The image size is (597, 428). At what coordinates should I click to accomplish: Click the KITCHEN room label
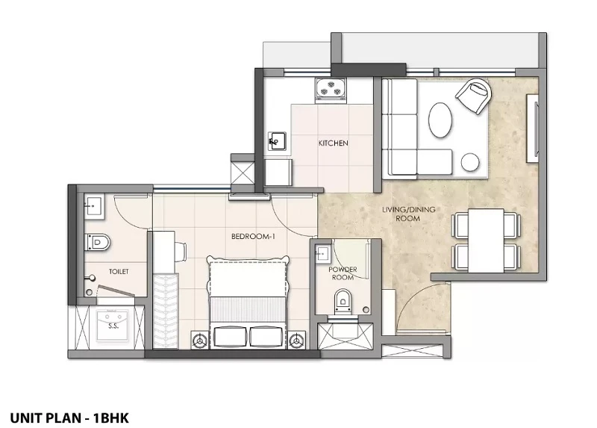point(333,143)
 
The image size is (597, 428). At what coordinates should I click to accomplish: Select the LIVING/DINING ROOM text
point(408,214)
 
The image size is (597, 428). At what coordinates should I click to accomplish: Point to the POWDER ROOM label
point(343,273)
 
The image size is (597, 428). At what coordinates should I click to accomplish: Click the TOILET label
point(119,272)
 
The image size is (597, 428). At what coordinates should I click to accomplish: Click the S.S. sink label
point(113,326)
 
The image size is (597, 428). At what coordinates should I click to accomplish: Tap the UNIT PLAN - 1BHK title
point(69,418)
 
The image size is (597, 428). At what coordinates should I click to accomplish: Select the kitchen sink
point(277,141)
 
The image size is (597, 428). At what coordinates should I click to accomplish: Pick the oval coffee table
point(440,120)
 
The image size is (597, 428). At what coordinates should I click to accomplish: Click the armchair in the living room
point(474,96)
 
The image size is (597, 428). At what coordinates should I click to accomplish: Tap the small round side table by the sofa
point(470,162)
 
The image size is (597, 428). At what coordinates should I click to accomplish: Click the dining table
point(486,241)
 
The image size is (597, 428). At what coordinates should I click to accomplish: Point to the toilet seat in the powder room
point(343,301)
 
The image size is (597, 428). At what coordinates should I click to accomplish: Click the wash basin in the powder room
point(322,252)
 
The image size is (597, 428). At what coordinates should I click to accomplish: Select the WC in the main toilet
point(98,242)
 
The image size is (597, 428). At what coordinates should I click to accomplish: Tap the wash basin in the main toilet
point(94,208)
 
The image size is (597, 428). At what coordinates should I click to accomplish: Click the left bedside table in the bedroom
point(200,340)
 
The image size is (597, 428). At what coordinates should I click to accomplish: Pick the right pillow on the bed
point(267,337)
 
